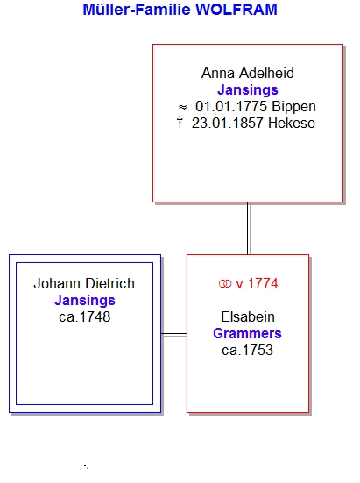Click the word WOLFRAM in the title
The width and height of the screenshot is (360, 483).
(236, 10)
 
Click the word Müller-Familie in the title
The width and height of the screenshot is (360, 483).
(137, 10)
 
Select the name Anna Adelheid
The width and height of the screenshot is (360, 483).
(248, 73)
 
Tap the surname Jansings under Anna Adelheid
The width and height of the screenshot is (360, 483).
(248, 90)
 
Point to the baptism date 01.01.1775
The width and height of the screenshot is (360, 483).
(231, 107)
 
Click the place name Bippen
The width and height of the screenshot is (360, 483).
(293, 107)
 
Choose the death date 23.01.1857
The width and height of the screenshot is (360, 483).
(228, 124)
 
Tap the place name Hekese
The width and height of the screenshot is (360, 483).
(292, 124)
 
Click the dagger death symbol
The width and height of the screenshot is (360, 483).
(180, 122)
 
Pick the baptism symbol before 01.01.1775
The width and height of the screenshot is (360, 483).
(182, 107)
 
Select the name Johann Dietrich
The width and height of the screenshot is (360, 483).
(84, 283)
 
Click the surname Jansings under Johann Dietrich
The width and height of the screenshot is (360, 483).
(85, 301)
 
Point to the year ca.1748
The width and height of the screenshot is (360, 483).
(85, 317)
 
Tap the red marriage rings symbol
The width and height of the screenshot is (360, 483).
(225, 283)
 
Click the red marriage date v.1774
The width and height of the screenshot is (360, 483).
(257, 283)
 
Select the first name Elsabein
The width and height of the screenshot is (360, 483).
(248, 317)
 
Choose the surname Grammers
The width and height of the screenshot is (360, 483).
(247, 334)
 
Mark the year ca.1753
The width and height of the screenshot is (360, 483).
(247, 351)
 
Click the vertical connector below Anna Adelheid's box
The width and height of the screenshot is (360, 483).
(248, 229)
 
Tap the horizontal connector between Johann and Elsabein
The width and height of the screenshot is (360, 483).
(173, 334)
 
